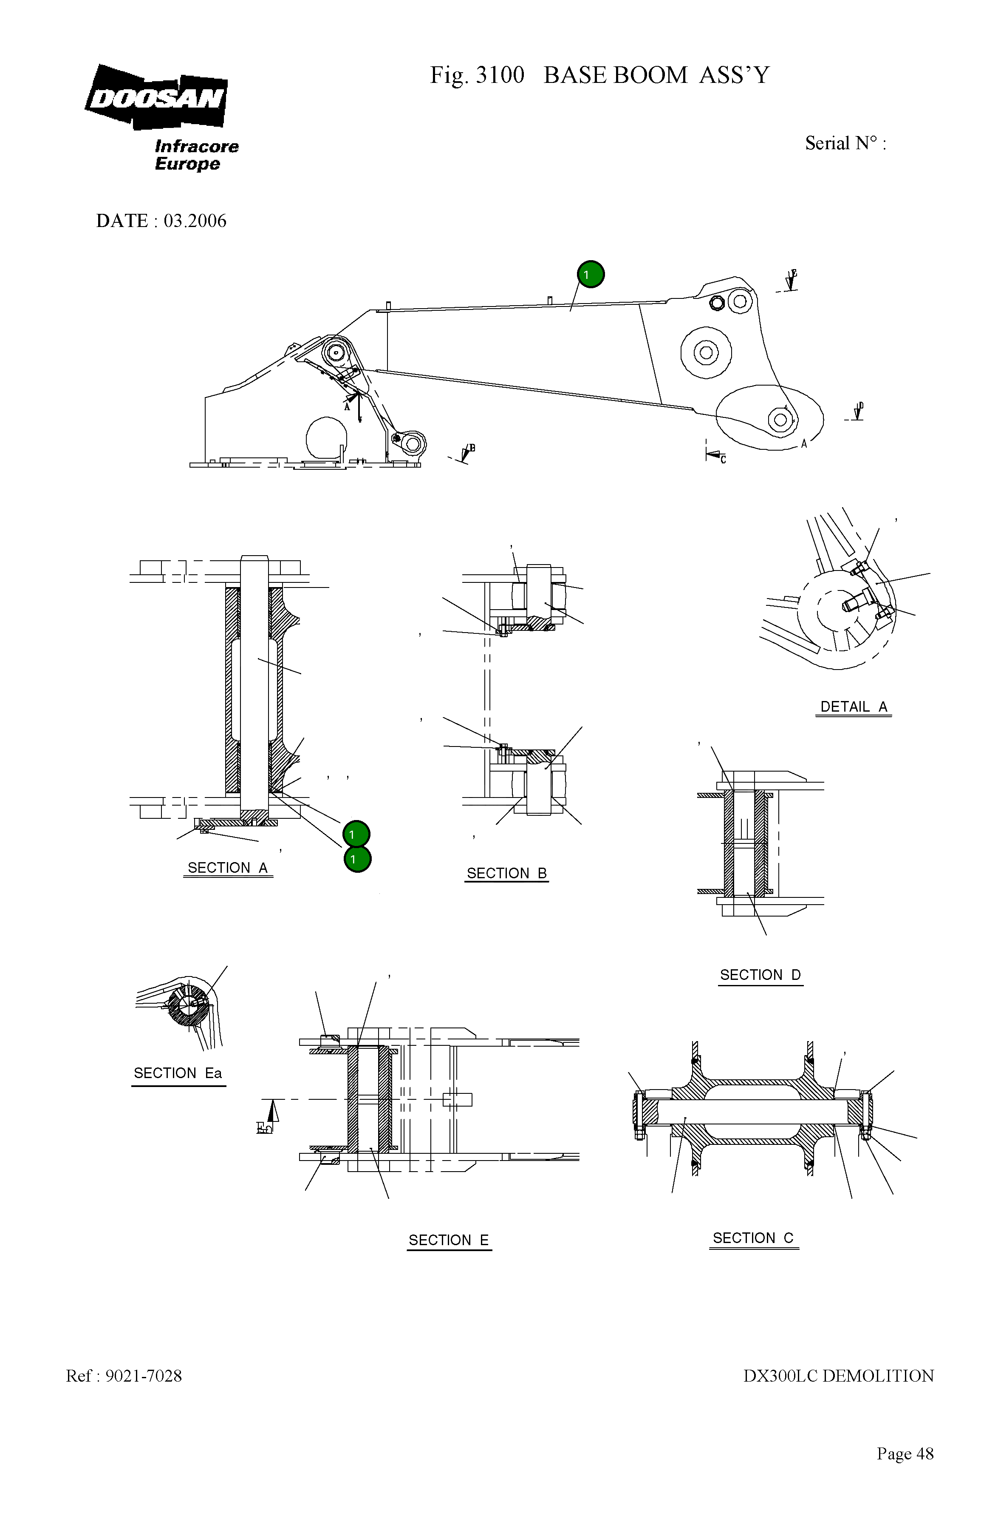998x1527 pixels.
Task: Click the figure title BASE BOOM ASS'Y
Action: [x=656, y=76]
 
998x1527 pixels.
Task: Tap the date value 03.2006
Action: [x=195, y=221]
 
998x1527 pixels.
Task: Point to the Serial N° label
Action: [x=845, y=143]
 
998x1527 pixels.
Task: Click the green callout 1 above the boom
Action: [x=591, y=275]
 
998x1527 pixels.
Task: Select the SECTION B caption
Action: [x=506, y=873]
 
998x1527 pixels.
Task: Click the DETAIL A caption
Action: [x=853, y=707]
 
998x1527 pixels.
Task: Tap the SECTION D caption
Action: [x=760, y=975]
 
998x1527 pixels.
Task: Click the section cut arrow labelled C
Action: [x=714, y=455]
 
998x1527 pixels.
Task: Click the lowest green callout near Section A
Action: [x=357, y=859]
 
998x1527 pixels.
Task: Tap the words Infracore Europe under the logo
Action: [x=195, y=155]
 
